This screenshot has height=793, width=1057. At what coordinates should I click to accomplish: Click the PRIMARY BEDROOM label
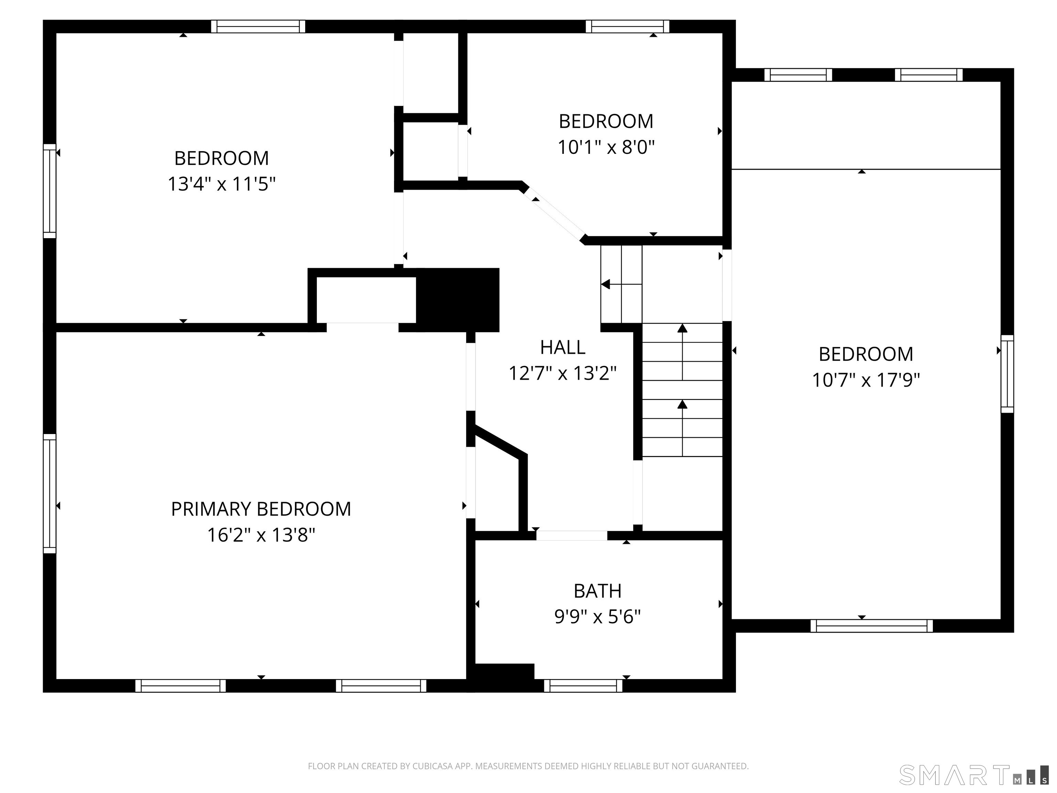tap(261, 509)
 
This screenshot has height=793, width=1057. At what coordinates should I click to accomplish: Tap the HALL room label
tap(563, 348)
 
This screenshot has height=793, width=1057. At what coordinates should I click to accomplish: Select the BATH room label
tap(597, 591)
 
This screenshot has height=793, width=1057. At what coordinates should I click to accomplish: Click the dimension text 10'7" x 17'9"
tap(866, 380)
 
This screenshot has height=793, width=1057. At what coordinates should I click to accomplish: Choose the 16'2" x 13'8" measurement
tap(261, 535)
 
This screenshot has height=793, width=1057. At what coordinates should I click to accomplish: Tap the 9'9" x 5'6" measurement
tap(597, 617)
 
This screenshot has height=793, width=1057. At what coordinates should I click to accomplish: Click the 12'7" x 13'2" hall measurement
tap(563, 373)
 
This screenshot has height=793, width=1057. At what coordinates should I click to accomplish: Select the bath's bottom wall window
tap(583, 686)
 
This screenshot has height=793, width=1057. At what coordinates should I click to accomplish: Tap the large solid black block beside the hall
tap(458, 300)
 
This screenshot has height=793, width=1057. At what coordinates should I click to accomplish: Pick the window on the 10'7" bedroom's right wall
tap(1007, 374)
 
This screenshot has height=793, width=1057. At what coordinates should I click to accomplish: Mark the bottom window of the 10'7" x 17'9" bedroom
tap(872, 626)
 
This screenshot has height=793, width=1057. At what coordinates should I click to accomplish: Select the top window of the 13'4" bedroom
tap(258, 26)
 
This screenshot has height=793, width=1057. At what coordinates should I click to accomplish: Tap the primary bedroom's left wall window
tap(50, 494)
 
